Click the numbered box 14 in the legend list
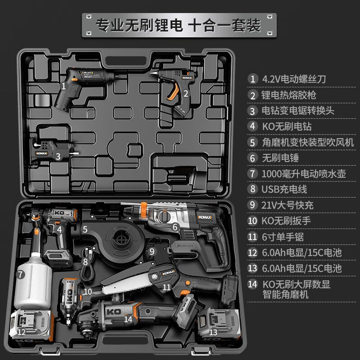point(253,284)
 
